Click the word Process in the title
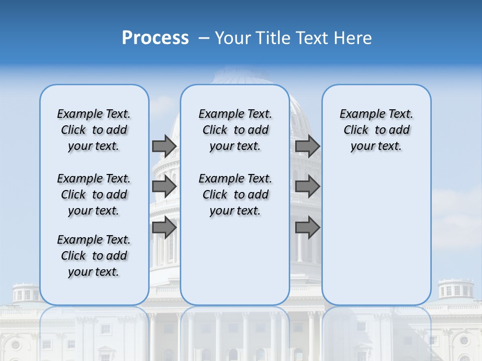(155, 38)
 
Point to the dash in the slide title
(204, 38)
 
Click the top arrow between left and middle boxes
(164, 146)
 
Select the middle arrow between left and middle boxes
(164, 187)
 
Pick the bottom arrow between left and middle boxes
(164, 227)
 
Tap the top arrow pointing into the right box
(307, 146)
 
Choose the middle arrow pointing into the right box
(307, 187)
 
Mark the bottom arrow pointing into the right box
(307, 227)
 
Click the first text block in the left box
(94, 130)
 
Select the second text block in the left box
(94, 195)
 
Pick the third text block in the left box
(94, 256)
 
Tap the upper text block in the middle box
(235, 130)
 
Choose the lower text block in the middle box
(235, 195)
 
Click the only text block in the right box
(376, 130)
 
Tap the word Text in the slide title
(311, 38)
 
